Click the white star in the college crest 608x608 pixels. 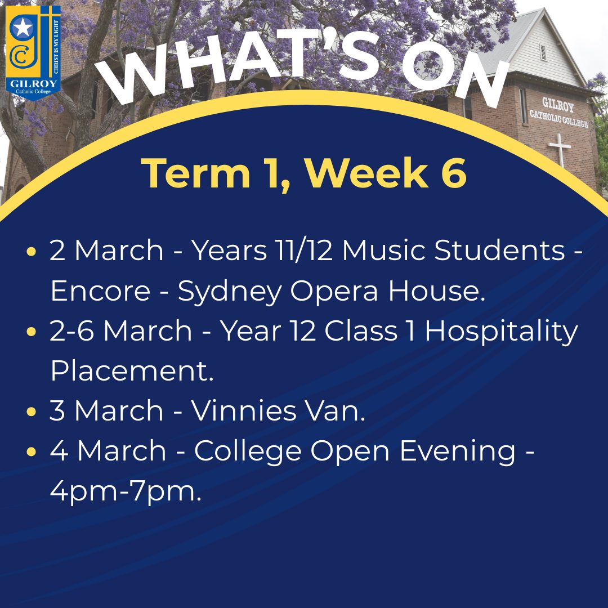[x=23, y=28]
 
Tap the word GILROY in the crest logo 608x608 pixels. [x=33, y=83]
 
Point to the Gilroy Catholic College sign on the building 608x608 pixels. [x=558, y=113]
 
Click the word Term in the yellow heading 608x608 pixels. [x=196, y=173]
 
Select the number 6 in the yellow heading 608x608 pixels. [x=454, y=173]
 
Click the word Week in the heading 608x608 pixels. [x=366, y=173]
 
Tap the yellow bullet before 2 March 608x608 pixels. [x=32, y=251]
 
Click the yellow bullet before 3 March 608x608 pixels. [x=32, y=412]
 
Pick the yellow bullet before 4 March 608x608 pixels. [x=32, y=451]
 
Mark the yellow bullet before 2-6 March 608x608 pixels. [x=32, y=332]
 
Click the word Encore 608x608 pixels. [x=100, y=291]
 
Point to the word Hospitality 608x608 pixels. [x=502, y=333]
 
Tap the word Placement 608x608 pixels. [x=132, y=370]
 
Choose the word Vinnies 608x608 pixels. [x=244, y=410]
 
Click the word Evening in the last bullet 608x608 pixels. [x=458, y=453]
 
